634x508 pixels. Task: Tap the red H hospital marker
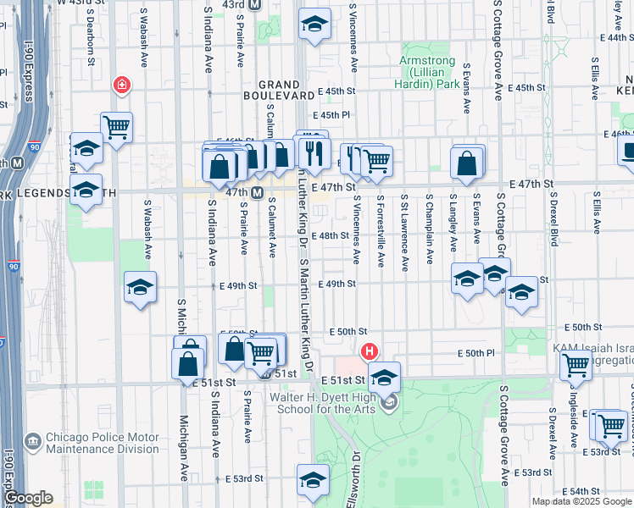click(369, 351)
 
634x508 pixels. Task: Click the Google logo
click(27, 499)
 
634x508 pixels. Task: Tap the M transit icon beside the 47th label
click(256, 193)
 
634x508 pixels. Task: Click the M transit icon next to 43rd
click(255, 5)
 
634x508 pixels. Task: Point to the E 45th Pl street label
click(331, 115)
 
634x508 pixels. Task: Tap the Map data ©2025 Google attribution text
click(581, 501)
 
